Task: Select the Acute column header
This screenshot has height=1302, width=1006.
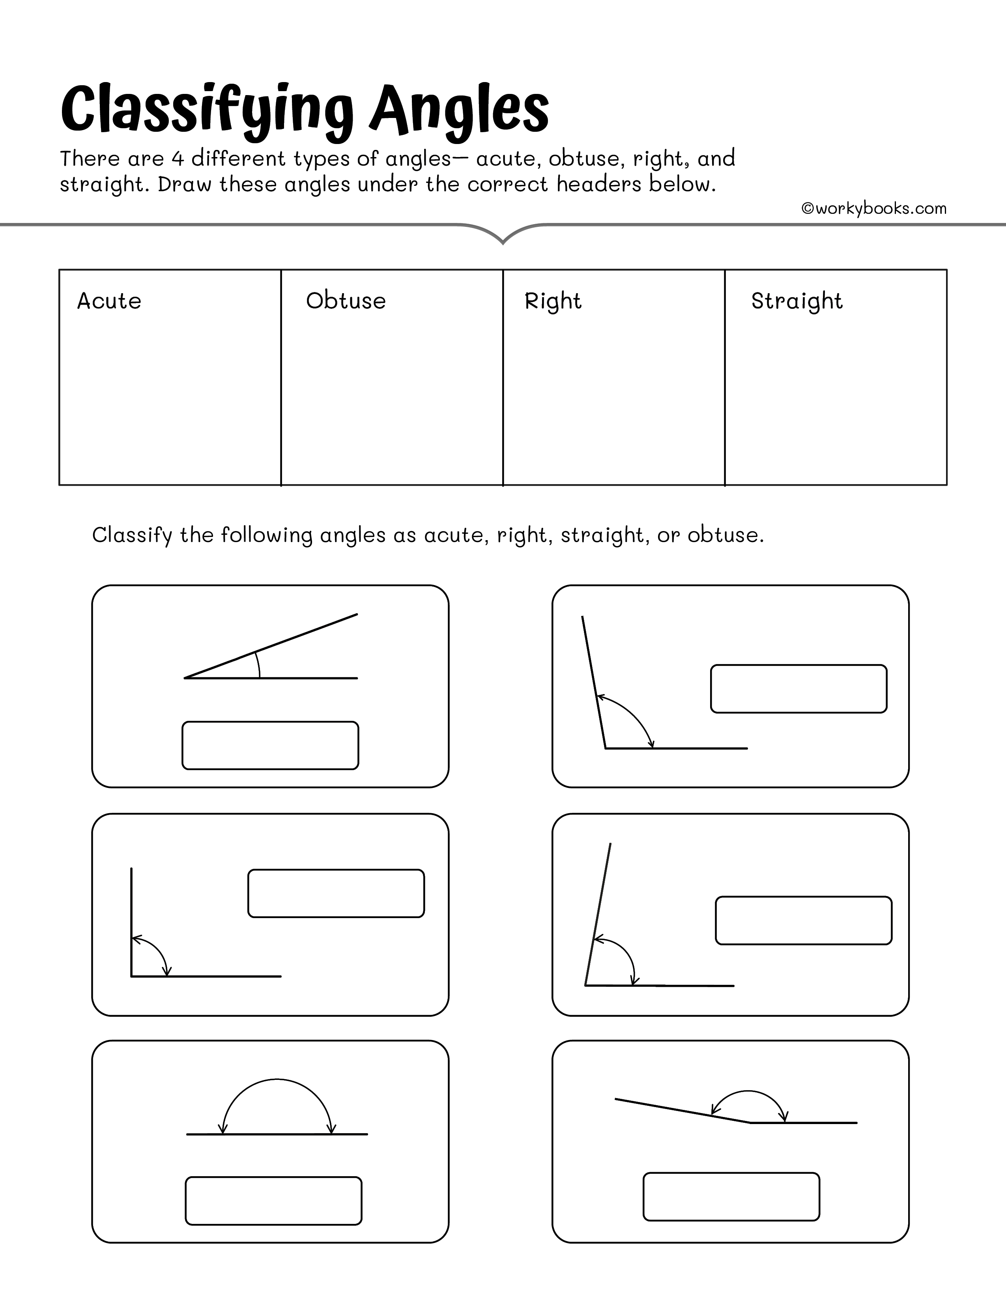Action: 109,301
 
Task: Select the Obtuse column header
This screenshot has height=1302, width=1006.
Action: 346,301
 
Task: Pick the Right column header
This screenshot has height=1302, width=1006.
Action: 552,301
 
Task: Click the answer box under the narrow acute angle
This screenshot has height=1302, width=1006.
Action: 270,745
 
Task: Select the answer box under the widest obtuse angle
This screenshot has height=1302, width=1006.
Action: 731,1197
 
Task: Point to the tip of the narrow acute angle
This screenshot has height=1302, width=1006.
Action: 186,678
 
